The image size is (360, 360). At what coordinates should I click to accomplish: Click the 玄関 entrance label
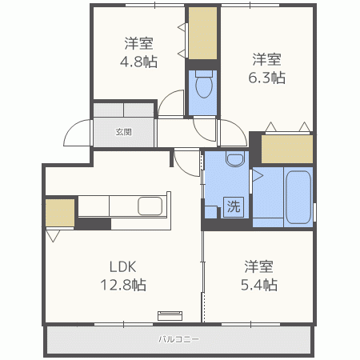tap(123, 132)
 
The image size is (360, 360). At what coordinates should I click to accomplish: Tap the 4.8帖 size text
tap(139, 61)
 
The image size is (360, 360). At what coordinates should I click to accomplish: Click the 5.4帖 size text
tap(261, 284)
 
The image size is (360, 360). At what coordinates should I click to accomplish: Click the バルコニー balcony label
tap(178, 339)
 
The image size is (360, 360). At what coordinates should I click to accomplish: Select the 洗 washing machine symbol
tap(233, 206)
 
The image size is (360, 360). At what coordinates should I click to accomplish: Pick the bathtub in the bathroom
tap(297, 197)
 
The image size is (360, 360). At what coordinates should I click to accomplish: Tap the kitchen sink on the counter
tap(150, 206)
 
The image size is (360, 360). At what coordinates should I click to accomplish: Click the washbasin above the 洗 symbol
tap(235, 160)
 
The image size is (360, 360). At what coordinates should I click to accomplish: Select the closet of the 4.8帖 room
tap(203, 34)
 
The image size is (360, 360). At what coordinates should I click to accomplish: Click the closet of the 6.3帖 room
tap(287, 150)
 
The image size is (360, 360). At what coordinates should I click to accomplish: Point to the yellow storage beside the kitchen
tap(59, 212)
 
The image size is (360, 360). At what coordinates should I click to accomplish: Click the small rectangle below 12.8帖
tap(170, 314)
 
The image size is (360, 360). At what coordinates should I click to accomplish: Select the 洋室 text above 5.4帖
tap(261, 266)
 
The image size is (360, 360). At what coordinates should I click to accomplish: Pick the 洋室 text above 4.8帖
tap(139, 43)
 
